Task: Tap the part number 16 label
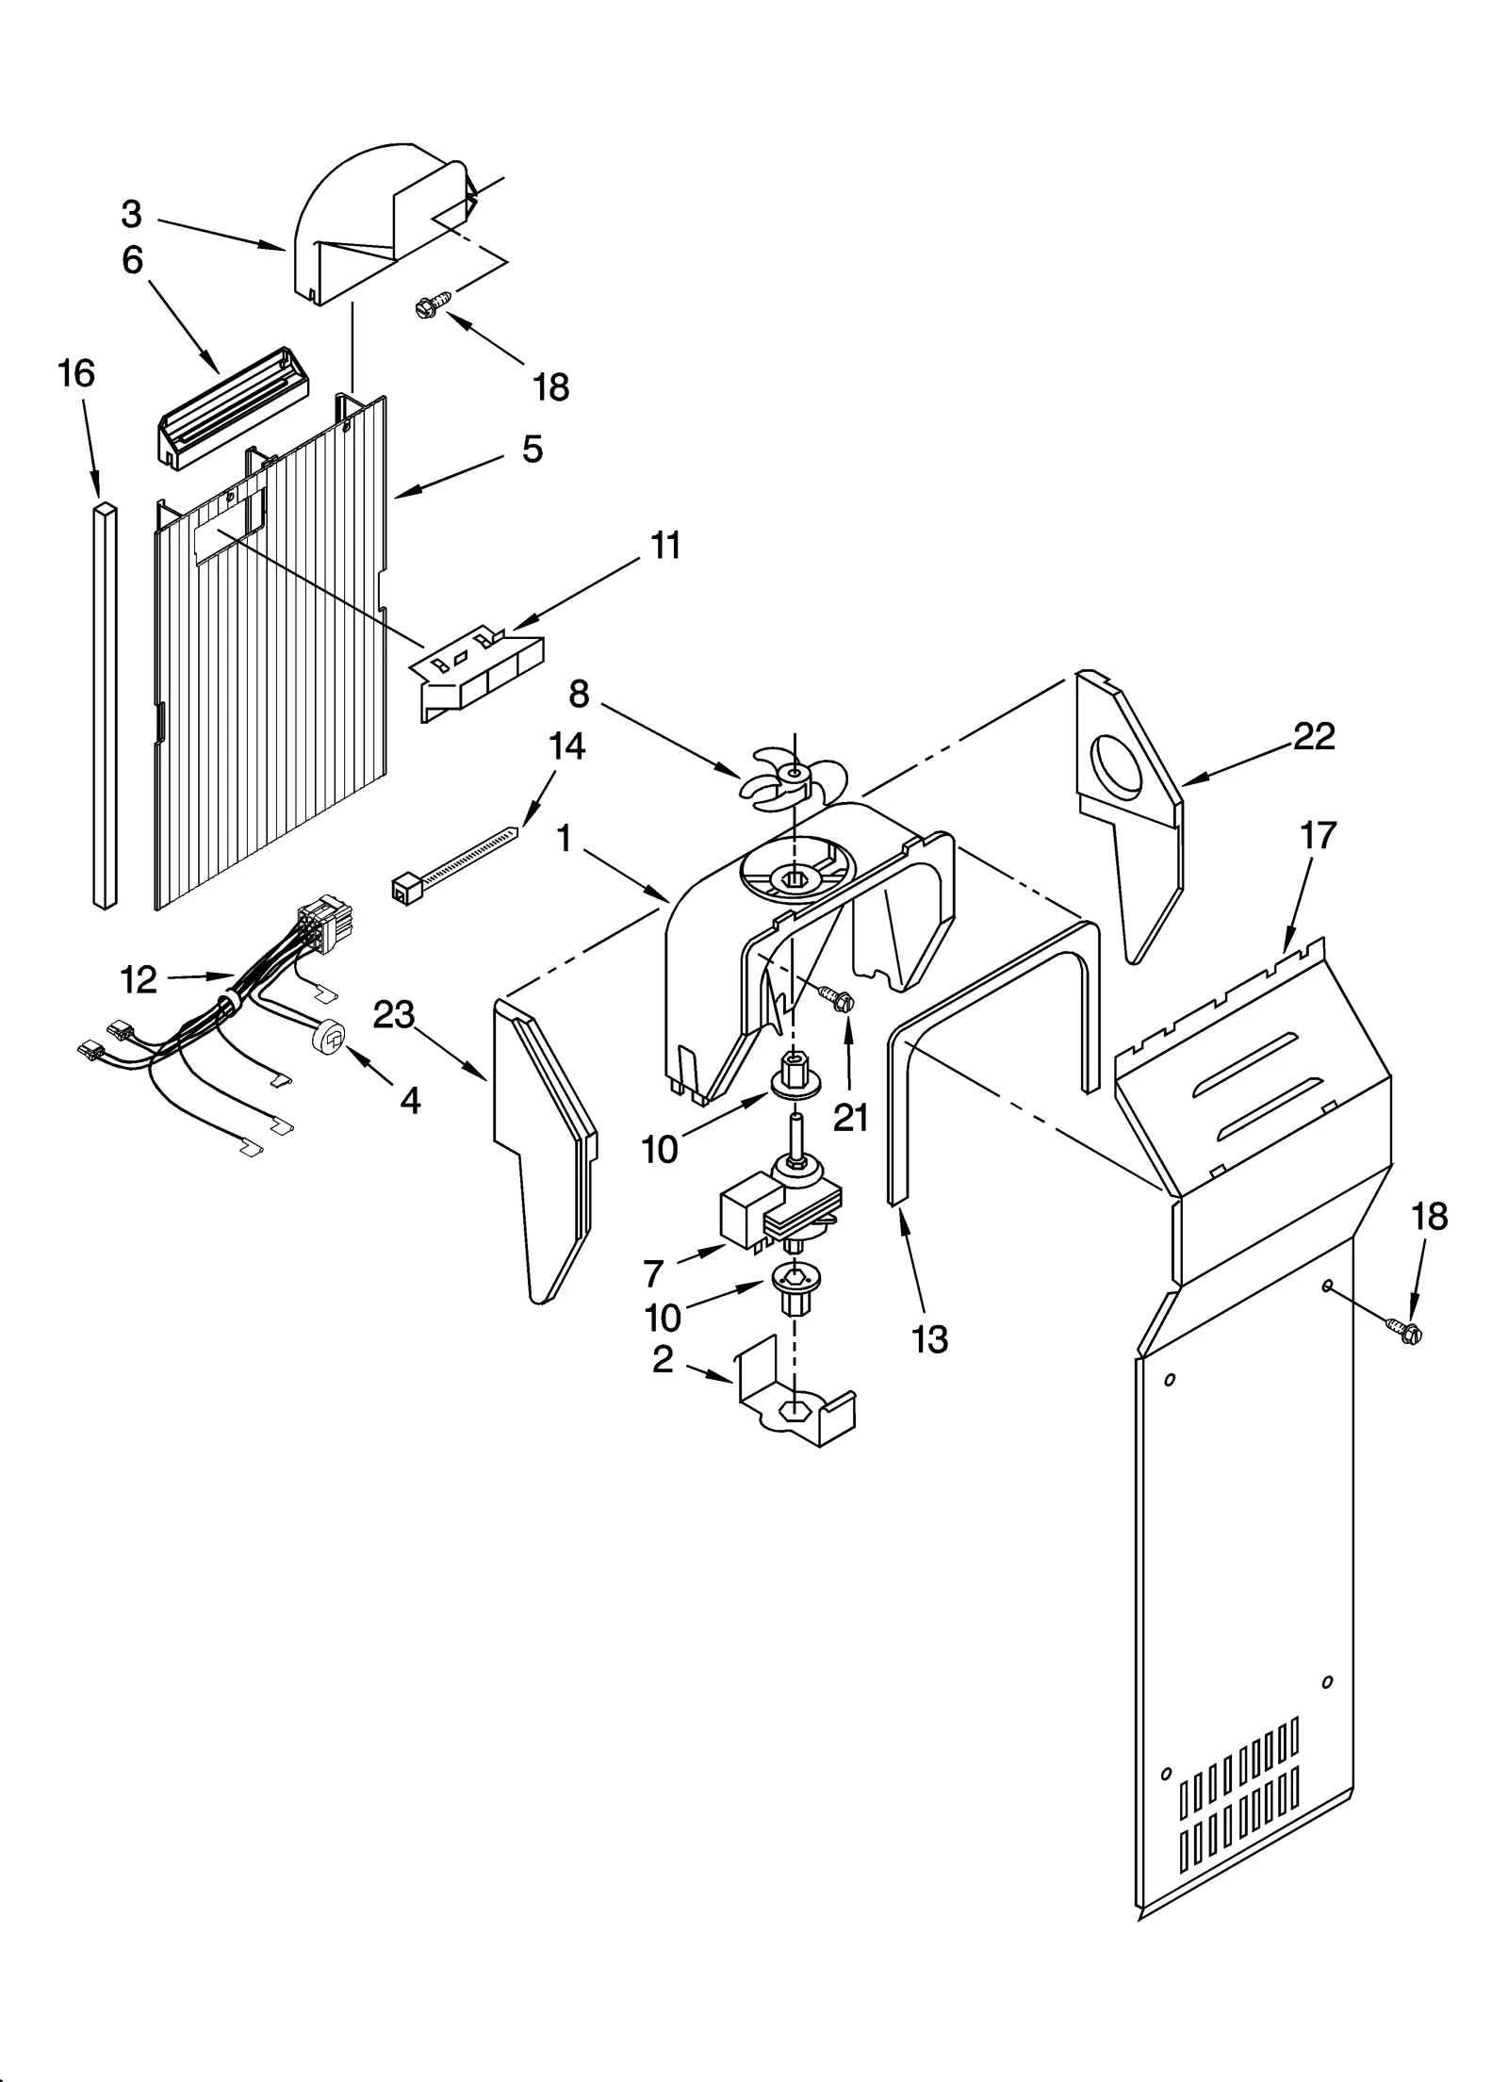[x=76, y=374]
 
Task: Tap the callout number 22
[x=1314, y=737]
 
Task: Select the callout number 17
[x=1318, y=835]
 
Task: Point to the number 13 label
[x=929, y=1338]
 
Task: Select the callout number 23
[x=394, y=1015]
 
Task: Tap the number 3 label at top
[x=131, y=215]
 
